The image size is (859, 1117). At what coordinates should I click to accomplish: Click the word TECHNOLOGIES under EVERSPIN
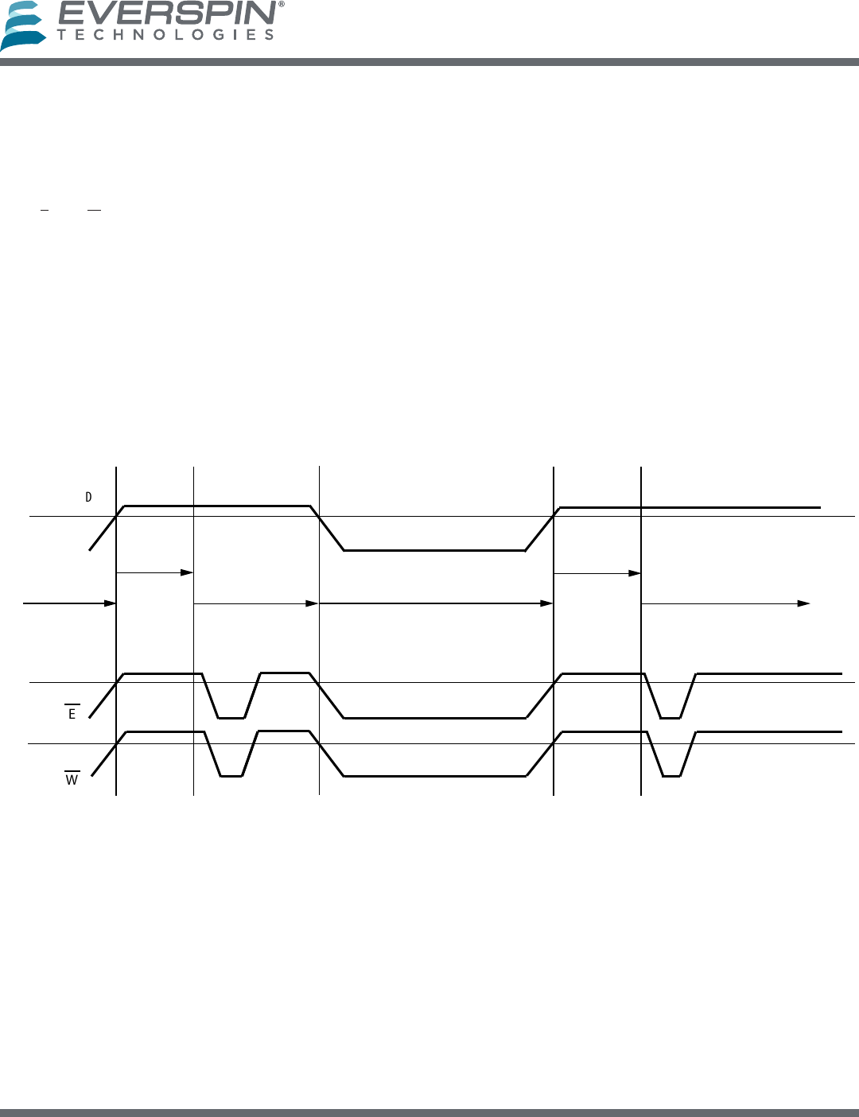coord(165,35)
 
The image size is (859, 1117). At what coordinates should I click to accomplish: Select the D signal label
coord(88,498)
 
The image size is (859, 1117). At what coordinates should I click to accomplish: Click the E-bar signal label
coord(72,713)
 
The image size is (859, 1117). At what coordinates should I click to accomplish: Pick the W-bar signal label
coord(72,779)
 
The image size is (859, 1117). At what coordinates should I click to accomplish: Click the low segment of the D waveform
coord(434,550)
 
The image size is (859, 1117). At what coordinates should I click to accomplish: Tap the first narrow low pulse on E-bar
coord(231,717)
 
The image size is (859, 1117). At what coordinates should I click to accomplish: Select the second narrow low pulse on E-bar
coord(670,717)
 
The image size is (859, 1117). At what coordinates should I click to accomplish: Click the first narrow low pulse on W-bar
coord(231,775)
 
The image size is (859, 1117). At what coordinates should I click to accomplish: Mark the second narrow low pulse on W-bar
coord(671,775)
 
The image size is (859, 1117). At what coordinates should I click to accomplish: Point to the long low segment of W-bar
coord(434,775)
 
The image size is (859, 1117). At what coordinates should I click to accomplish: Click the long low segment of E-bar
coord(434,718)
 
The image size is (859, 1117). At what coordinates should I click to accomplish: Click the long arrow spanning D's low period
coord(436,603)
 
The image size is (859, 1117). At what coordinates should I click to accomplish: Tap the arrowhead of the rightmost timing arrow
coord(804,603)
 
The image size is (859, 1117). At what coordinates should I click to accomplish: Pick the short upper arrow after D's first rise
coord(155,572)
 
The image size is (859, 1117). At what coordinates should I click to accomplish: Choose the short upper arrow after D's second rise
coord(597,572)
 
